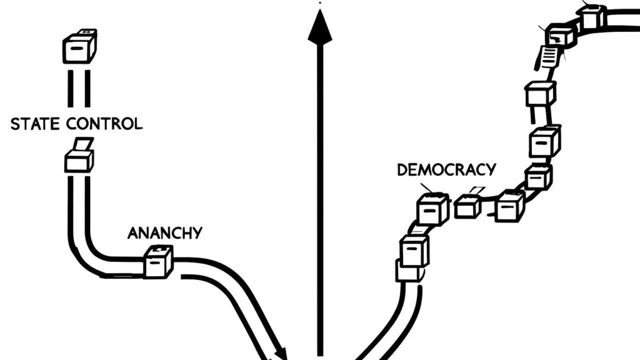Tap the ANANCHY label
click(164, 233)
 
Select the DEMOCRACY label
click(446, 169)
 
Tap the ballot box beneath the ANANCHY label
click(158, 262)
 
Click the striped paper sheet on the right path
click(548, 57)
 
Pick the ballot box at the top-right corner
click(593, 16)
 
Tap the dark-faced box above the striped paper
click(560, 35)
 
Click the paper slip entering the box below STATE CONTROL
click(82, 144)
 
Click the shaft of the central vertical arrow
click(320, 200)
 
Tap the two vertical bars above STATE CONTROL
click(79, 88)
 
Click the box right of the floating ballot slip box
click(509, 205)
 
